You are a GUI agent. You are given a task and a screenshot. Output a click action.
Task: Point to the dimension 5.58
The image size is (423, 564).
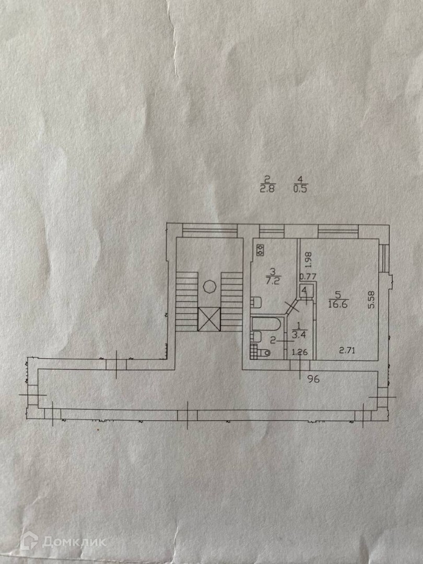point(371,300)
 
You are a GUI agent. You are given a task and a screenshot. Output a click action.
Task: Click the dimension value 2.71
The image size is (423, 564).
point(347,350)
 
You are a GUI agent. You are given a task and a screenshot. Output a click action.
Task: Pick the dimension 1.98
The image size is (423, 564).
point(308,258)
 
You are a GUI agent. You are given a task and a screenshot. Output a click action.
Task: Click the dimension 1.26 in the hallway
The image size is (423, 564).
point(299,351)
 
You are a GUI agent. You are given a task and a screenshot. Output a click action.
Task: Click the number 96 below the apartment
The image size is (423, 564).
point(313,379)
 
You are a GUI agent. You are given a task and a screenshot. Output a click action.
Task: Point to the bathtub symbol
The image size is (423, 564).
point(267,324)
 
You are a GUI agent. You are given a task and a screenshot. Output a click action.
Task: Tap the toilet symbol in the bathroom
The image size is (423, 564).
point(265,354)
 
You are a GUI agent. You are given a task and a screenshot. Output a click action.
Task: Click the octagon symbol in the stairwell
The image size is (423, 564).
point(209,287)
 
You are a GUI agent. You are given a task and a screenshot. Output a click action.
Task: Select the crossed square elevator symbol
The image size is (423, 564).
point(209,319)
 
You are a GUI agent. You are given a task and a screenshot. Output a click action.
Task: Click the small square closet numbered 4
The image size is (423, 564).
point(305,291)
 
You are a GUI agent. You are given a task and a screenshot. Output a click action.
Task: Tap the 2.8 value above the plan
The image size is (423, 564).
point(267,190)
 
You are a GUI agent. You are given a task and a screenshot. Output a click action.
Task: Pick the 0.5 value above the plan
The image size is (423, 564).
point(300,190)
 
